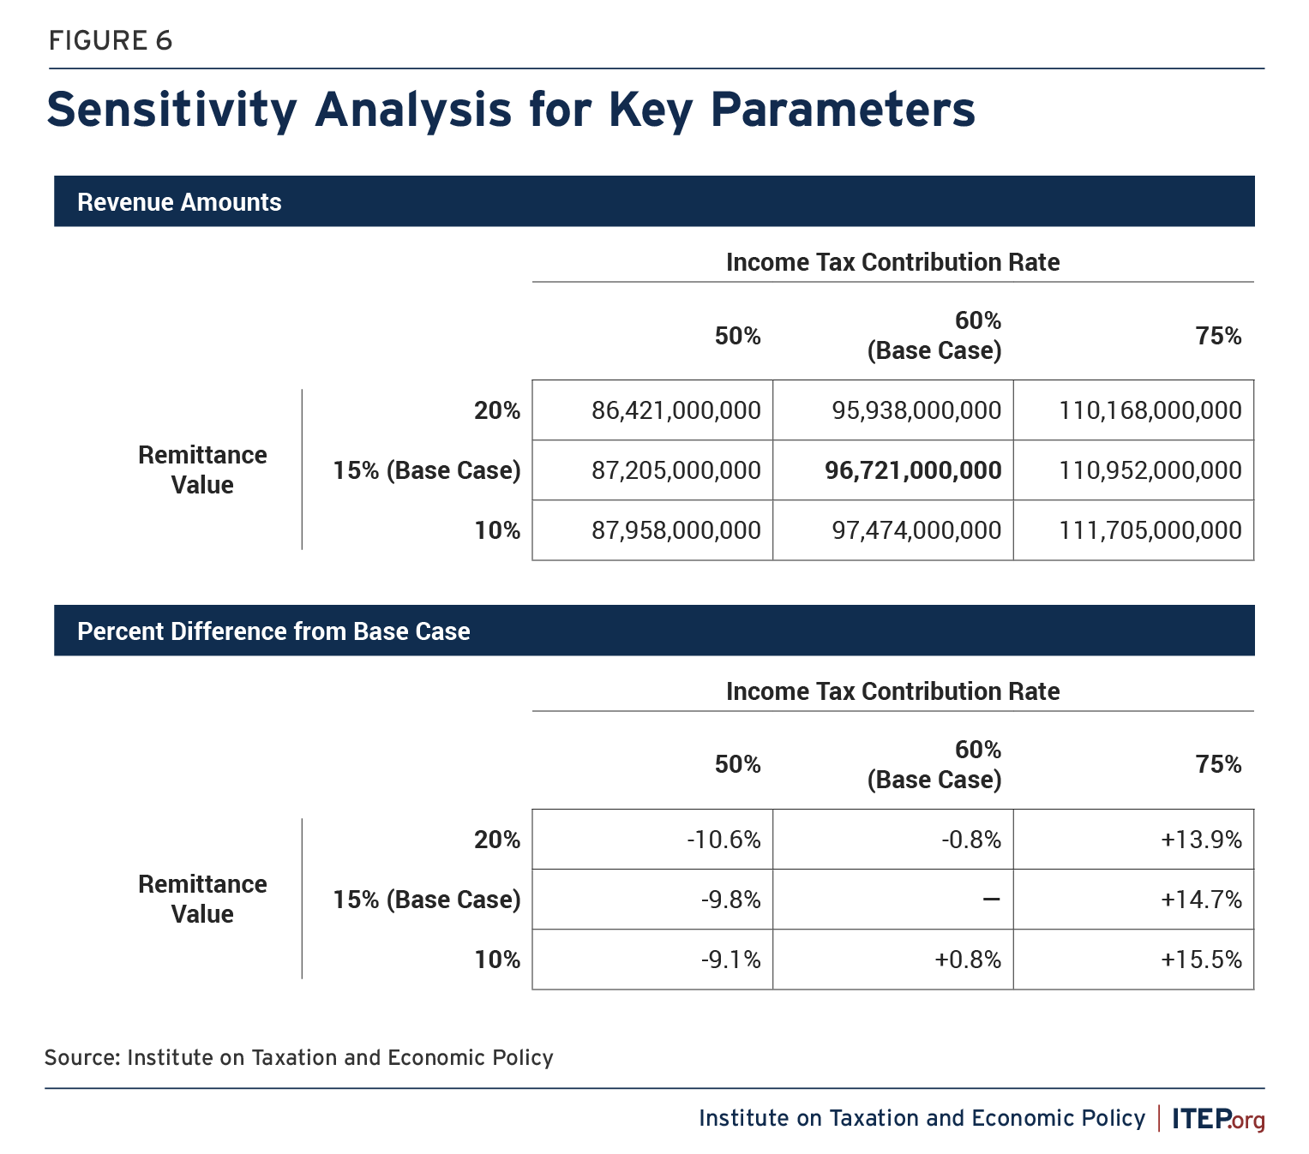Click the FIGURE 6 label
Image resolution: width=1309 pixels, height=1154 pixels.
click(x=111, y=40)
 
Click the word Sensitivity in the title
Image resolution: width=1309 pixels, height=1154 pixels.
click(x=171, y=111)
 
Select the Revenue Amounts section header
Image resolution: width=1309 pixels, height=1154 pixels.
click(x=179, y=202)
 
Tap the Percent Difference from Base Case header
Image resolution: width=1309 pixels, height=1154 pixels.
click(x=273, y=631)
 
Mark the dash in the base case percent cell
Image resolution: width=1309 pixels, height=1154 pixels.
click(x=991, y=900)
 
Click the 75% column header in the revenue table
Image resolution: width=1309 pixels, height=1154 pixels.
click(x=1218, y=336)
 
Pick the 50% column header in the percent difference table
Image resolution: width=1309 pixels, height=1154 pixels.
click(x=737, y=764)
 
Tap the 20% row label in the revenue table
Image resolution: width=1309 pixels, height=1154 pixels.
click(x=497, y=410)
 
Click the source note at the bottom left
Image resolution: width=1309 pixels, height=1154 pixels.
click(x=298, y=1058)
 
